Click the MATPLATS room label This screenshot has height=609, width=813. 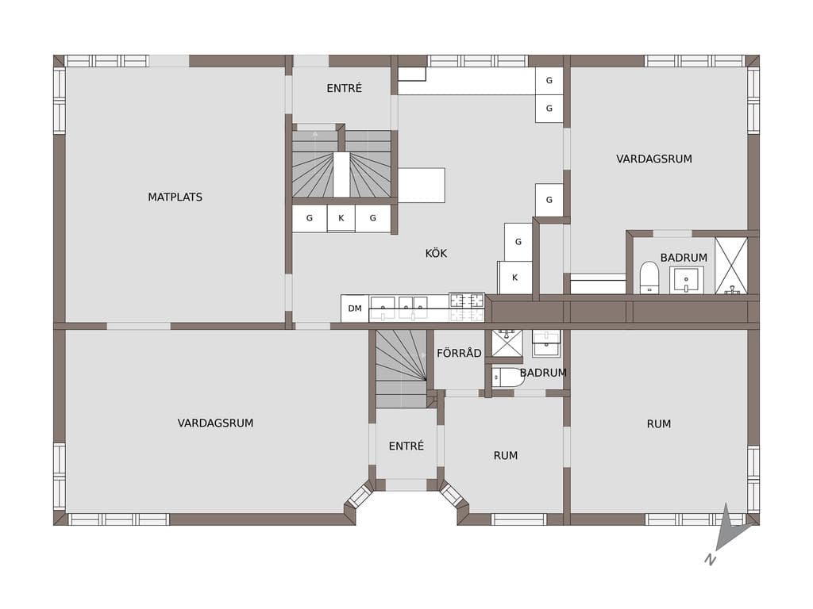tap(175, 197)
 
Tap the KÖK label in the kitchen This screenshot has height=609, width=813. tap(436, 253)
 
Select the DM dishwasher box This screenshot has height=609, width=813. tap(355, 308)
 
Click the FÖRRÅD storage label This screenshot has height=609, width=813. tap(459, 353)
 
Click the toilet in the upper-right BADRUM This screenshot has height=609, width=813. tap(649, 277)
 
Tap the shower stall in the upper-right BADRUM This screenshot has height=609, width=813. tap(731, 266)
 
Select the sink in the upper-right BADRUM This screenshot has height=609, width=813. tap(687, 280)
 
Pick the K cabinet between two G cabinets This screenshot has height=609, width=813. tap(341, 218)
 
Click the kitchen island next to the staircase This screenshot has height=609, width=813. tap(422, 185)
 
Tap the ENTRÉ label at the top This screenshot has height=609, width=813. tap(345, 89)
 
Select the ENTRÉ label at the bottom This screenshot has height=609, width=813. tap(406, 446)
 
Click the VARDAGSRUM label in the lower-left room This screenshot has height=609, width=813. tap(215, 423)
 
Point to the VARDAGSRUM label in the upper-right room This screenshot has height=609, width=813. tap(654, 159)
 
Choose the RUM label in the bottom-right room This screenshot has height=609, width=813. tap(658, 423)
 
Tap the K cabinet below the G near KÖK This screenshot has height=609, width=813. tap(514, 278)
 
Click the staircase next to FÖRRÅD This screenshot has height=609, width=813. tap(401, 368)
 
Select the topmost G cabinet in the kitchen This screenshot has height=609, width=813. tap(549, 80)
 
